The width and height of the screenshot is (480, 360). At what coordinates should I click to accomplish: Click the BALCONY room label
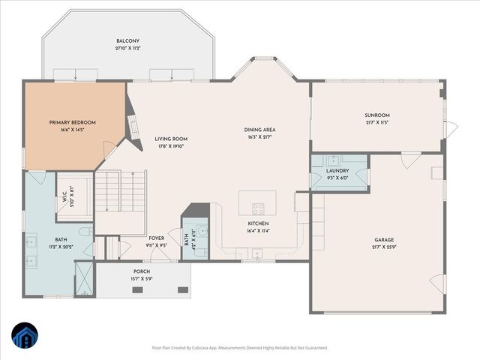click(x=127, y=40)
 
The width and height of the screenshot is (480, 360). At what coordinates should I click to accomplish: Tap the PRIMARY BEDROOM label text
click(x=73, y=122)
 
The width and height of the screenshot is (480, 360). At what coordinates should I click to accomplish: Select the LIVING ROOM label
click(x=171, y=139)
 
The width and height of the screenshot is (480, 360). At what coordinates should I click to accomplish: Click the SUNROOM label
click(x=376, y=115)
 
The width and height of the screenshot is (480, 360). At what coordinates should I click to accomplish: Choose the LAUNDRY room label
click(x=337, y=171)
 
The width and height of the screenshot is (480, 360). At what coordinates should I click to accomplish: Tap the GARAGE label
click(x=384, y=240)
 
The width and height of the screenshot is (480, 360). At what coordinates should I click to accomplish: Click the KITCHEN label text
click(x=259, y=223)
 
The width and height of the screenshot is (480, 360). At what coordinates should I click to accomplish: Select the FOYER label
click(x=156, y=238)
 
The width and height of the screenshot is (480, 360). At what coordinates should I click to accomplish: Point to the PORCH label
click(x=142, y=271)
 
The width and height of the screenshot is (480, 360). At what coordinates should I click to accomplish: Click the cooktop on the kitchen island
click(x=257, y=209)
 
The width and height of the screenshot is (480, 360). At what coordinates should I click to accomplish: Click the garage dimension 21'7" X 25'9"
click(x=384, y=247)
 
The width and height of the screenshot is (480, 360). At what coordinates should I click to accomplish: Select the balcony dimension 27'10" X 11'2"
click(x=127, y=48)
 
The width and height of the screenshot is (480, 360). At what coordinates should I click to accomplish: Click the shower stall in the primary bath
click(x=85, y=278)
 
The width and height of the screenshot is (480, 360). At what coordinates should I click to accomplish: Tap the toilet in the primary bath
click(x=85, y=232)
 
